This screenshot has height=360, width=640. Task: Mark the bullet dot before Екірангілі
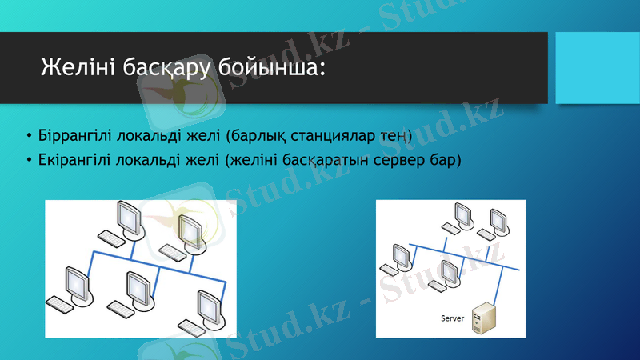(29, 159)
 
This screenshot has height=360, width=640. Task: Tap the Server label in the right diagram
(453, 318)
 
